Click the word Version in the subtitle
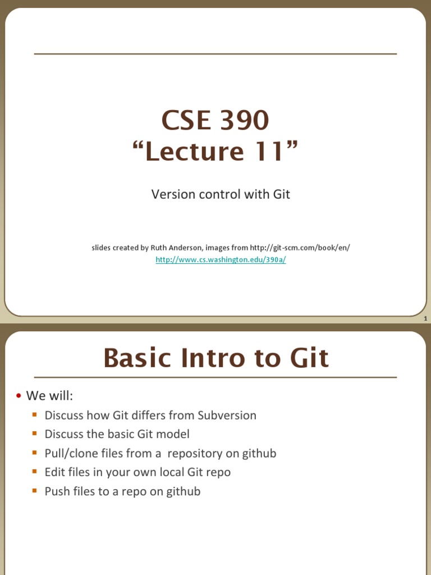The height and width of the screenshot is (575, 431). coord(171,194)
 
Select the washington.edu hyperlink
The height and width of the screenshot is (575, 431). coord(221,261)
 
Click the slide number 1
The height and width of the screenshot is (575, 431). coord(425,319)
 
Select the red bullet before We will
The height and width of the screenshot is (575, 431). coord(19,396)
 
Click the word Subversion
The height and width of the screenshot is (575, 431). coord(227,416)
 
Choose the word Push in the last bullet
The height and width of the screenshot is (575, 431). coord(57,491)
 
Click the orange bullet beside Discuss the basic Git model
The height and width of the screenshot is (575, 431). coord(35,433)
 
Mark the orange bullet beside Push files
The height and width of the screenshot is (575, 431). coord(35,491)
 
